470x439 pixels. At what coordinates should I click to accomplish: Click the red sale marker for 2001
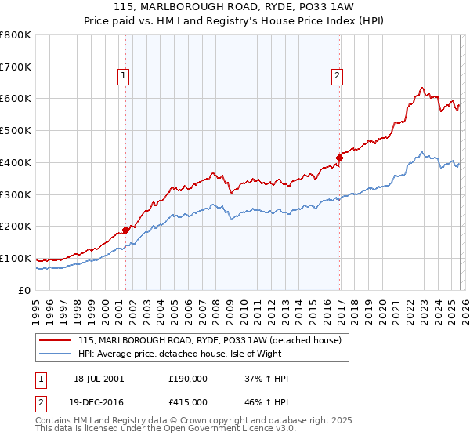coord(126,230)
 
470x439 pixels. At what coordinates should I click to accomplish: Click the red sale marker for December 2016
coord(339,158)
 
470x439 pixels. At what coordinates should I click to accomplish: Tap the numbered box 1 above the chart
coord(124,76)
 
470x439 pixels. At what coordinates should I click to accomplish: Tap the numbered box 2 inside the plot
coord(337,76)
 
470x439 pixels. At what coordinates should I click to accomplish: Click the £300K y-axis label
coord(17,194)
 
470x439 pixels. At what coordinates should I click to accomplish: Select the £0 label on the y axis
coord(25,290)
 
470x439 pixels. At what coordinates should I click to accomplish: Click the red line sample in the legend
coord(56,341)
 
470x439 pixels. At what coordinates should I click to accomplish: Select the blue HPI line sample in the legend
coord(56,354)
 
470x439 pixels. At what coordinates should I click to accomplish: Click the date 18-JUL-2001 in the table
coord(97,379)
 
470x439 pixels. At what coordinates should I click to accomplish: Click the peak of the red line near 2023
coord(421,88)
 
